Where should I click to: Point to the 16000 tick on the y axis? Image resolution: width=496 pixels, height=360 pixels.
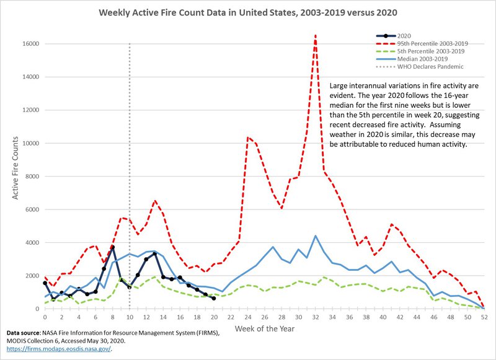(x=32, y=44)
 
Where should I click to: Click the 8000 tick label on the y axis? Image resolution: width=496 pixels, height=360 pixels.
(x=34, y=177)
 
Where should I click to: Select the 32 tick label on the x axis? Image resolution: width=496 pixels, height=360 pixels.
(x=316, y=317)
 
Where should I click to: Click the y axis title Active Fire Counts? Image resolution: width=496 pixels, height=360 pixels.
(x=15, y=176)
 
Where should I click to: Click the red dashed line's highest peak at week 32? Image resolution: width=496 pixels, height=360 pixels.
(x=316, y=35)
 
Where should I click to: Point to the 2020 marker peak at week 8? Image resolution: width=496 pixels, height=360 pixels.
(x=112, y=247)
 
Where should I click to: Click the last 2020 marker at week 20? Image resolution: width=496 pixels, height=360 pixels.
(x=214, y=298)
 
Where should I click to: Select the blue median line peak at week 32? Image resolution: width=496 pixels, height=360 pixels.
(x=316, y=236)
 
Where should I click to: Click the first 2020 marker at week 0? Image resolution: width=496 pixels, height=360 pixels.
(x=45, y=283)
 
